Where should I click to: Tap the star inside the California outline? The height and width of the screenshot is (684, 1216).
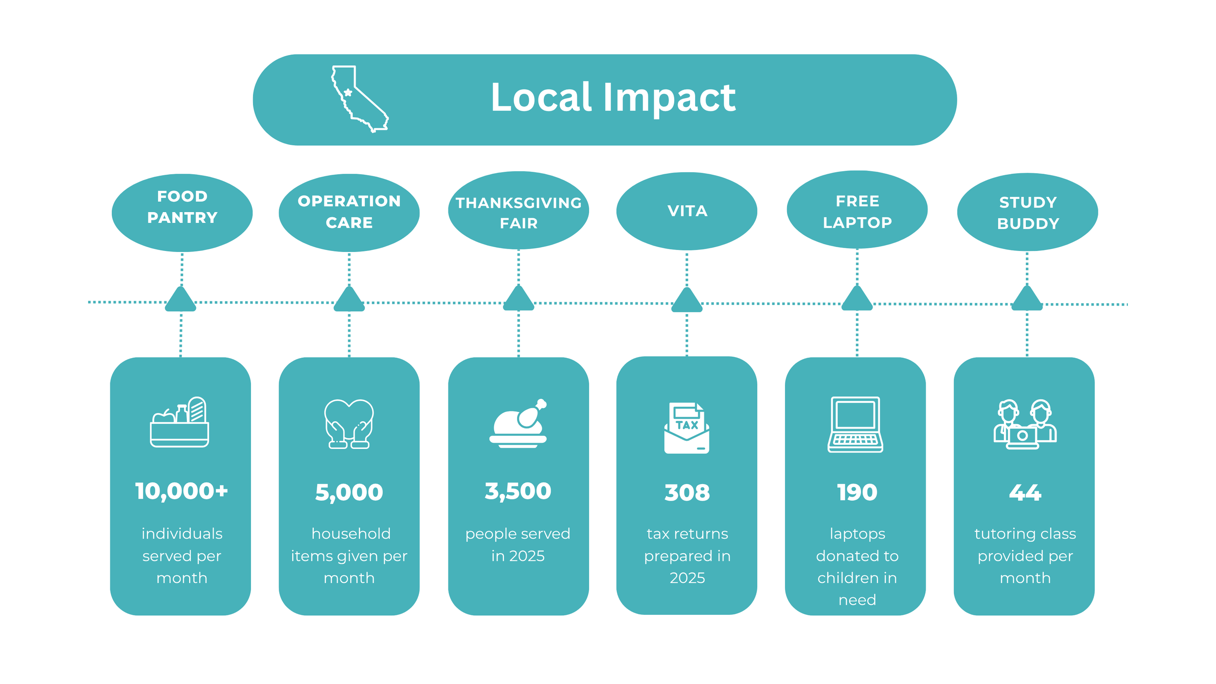coord(348,92)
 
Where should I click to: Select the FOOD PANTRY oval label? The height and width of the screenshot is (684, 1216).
coord(182,213)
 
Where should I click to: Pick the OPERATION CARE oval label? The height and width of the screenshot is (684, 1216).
coord(349,213)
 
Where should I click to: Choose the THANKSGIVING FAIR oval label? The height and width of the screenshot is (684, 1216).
coord(518,210)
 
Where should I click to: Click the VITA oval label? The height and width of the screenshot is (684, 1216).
coord(686,211)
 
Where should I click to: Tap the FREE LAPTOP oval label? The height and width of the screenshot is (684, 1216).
coord(857,210)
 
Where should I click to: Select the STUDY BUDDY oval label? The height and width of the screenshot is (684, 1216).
coord(1027,212)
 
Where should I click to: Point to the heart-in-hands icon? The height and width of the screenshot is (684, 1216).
coord(349,424)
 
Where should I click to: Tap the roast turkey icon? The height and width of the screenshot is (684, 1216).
coord(518,423)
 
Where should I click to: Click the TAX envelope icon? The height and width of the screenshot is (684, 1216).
coord(686,428)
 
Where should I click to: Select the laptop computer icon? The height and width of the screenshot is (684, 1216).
coord(855,424)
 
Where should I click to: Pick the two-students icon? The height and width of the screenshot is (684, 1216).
coord(1025,424)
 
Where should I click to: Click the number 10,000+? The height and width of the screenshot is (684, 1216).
coord(181,491)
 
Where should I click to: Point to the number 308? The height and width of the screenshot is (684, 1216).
coord(687,493)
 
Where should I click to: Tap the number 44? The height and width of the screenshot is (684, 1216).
coord(1025,493)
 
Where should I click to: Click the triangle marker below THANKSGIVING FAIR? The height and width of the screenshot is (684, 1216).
coord(518,299)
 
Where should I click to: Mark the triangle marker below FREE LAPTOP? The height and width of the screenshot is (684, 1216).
coord(857,299)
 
